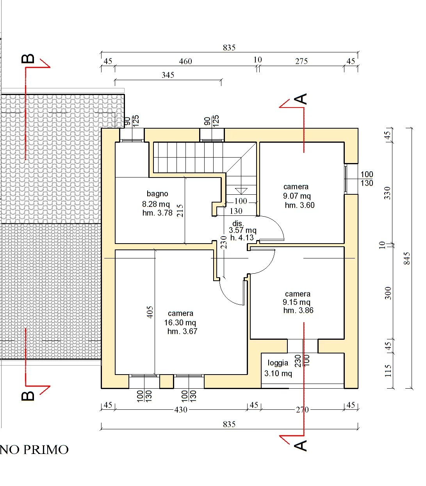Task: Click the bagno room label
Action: pos(157,194)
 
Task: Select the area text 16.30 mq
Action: pos(180,323)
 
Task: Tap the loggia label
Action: pos(278,363)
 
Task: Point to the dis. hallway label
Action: pos(237,223)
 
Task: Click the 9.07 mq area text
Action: pos(297,196)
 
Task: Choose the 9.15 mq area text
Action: pos(297,302)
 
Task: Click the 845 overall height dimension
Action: pos(407,258)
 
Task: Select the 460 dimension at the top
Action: pos(185,61)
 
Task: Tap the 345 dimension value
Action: pos(168,75)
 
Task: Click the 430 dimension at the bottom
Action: pos(180,410)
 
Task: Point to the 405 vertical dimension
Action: pos(150,312)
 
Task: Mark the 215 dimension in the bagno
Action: pos(180,211)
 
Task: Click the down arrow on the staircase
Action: pos(242,191)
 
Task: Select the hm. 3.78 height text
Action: pos(157,213)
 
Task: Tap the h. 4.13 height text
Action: pos(242,238)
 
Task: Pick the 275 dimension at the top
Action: pos(301,61)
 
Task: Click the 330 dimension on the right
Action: pos(387,193)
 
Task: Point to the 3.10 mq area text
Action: pos(278,373)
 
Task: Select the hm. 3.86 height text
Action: pos(298,310)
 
